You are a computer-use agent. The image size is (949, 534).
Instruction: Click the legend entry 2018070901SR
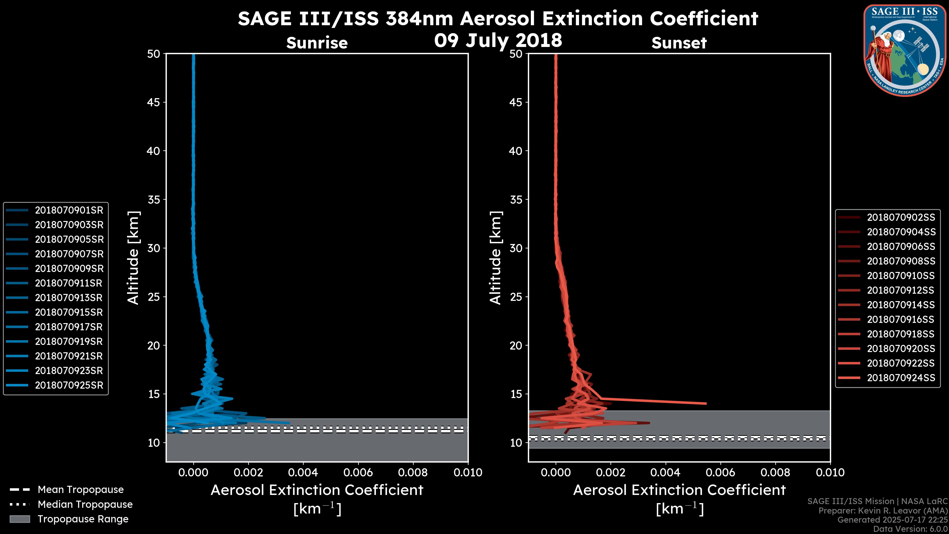pos(69,210)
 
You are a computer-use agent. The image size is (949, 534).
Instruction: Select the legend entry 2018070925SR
pos(69,385)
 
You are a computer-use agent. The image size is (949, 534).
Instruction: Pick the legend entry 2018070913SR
pos(69,298)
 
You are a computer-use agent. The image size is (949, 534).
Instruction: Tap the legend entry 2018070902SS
pos(901,218)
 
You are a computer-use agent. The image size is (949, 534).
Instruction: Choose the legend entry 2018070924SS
pos(901,378)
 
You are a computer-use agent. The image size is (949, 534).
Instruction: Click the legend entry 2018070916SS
pos(901,319)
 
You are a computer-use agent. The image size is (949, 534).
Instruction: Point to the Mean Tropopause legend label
pos(81,490)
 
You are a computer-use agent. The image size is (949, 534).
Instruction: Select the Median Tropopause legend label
pos(85,504)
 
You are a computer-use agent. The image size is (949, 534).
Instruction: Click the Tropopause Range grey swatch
pos(20,519)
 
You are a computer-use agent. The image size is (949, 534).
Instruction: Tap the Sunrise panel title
pos(317,43)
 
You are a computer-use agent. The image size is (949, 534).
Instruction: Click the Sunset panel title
pos(679,43)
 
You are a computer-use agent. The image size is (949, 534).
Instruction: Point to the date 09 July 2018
pos(498,40)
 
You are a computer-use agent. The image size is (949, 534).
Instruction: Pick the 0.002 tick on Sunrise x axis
pos(248,472)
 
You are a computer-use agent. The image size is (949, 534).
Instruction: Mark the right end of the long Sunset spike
pos(706,403)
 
